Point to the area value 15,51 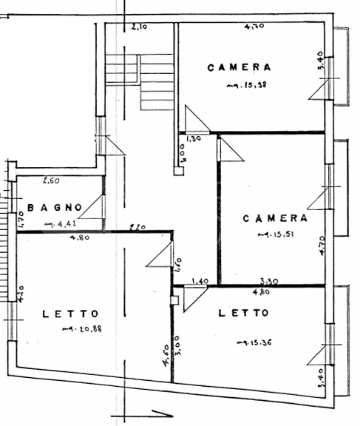pos(276,236)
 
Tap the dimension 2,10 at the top pos(138,28)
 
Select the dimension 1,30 pos(194,138)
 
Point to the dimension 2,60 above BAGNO pos(50,180)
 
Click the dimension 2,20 pos(136,228)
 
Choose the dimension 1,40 pos(200,281)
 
